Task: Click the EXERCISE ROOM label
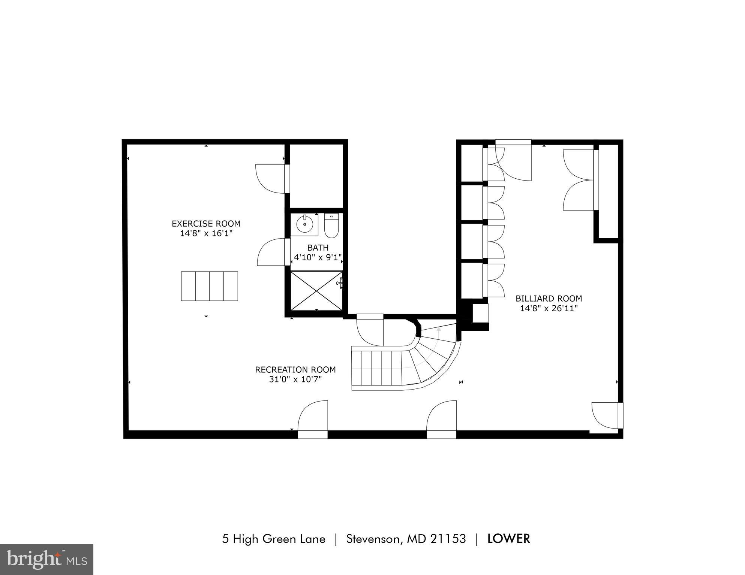206,224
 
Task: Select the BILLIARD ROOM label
549,299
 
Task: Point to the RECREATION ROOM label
295,370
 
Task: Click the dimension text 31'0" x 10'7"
295,379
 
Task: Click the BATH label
318,248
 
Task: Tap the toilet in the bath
331,226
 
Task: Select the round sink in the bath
304,225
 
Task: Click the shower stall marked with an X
316,291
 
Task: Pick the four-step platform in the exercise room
209,286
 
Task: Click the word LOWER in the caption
508,539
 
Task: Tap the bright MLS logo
46,560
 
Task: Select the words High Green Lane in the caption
279,539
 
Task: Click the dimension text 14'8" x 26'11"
549,308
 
